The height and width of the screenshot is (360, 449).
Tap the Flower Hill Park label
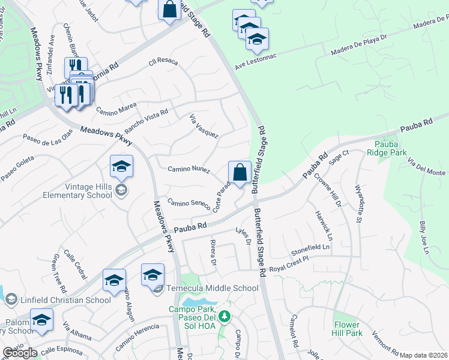(348, 328)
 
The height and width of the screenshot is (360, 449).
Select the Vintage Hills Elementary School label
(77, 191)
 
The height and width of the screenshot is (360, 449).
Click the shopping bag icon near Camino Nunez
(240, 172)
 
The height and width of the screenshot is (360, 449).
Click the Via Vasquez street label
(203, 127)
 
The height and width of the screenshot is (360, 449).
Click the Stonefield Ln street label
(310, 247)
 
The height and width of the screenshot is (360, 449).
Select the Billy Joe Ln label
(424, 237)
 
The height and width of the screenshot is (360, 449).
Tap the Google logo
(20, 353)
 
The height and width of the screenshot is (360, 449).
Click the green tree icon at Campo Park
(224, 316)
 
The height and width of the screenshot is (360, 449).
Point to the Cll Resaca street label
(164, 62)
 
